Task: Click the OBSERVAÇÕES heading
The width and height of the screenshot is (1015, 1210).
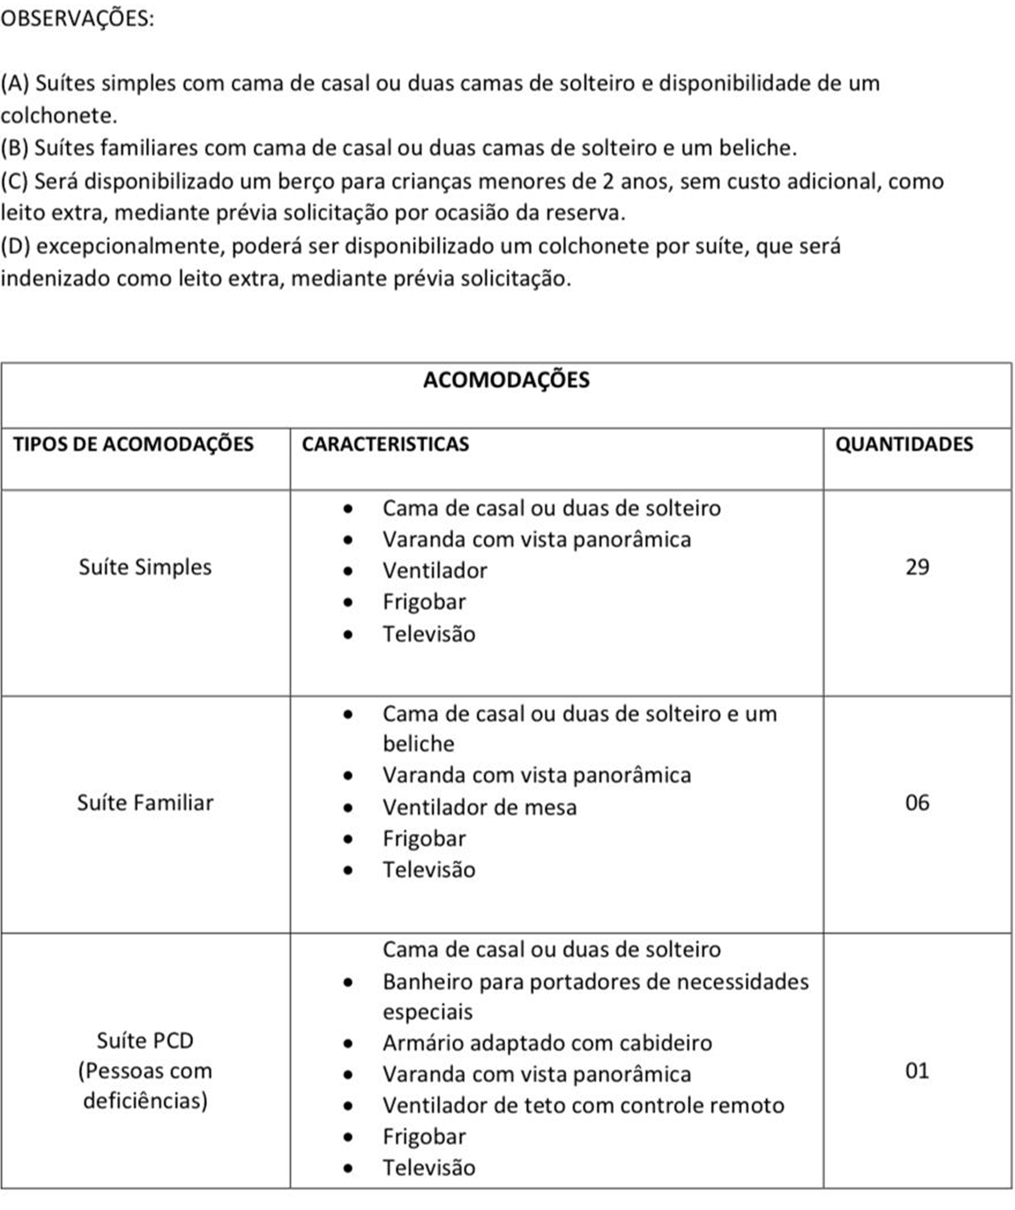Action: [77, 19]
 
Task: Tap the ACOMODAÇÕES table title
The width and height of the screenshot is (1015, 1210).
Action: [506, 380]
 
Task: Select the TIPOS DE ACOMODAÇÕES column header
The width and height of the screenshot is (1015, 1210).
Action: [133, 444]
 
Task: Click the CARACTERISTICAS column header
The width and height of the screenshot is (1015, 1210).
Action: [385, 444]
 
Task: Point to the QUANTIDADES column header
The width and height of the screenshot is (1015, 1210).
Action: [904, 444]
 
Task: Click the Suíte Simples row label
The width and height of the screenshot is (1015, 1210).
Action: [145, 567]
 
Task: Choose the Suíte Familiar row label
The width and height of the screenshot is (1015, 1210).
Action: [145, 803]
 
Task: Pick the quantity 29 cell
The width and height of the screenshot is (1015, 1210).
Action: [917, 567]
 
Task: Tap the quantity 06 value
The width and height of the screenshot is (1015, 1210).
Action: [917, 803]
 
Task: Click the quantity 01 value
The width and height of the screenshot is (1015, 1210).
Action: [917, 1070]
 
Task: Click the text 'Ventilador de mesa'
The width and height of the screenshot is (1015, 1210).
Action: [479, 807]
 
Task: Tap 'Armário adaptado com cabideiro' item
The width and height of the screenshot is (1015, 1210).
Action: [547, 1043]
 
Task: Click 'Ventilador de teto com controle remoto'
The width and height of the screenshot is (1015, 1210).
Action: [583, 1105]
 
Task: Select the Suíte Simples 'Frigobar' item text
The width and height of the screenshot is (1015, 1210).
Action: [424, 602]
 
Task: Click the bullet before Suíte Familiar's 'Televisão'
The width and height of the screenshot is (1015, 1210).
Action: [348, 871]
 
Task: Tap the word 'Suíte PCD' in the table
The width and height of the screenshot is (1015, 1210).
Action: [145, 1041]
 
